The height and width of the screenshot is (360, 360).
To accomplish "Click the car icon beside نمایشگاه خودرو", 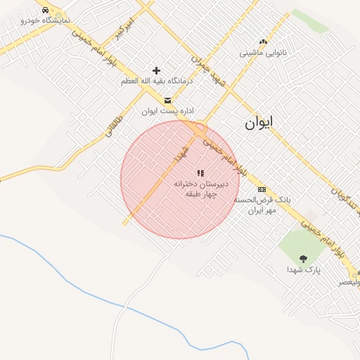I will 46,11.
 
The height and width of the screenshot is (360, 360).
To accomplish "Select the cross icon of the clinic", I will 156,70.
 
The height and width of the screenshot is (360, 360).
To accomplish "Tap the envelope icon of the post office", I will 167,100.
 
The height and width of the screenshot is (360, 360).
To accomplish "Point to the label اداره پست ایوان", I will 167,111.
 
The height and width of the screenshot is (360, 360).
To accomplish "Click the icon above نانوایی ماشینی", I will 264,42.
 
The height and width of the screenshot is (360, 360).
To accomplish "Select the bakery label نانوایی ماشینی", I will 262,53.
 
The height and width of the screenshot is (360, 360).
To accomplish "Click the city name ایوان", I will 259,122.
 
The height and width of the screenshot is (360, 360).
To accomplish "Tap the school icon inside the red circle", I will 200,172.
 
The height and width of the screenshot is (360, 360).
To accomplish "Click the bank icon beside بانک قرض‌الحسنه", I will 262,190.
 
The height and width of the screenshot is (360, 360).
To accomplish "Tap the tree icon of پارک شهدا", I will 303,259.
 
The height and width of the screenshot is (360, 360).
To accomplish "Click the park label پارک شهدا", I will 303,270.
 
